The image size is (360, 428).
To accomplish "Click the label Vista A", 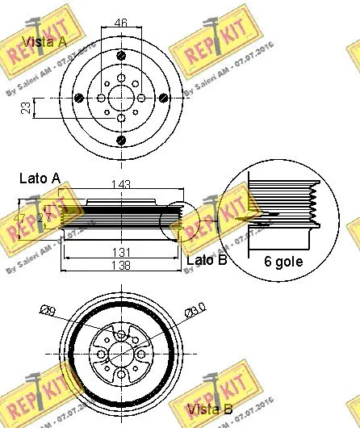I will (44, 41).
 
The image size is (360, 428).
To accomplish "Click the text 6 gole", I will (283, 261).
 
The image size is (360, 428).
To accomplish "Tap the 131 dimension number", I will (119, 251).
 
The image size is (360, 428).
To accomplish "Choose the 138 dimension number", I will (119, 265).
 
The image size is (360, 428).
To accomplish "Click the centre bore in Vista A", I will (120, 98).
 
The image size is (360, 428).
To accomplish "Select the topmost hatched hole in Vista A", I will (120, 56).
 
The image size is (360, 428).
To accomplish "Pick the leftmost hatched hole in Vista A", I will (78, 98).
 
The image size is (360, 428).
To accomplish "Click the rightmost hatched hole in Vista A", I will (163, 98).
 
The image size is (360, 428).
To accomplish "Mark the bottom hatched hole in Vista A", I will (120, 141).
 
